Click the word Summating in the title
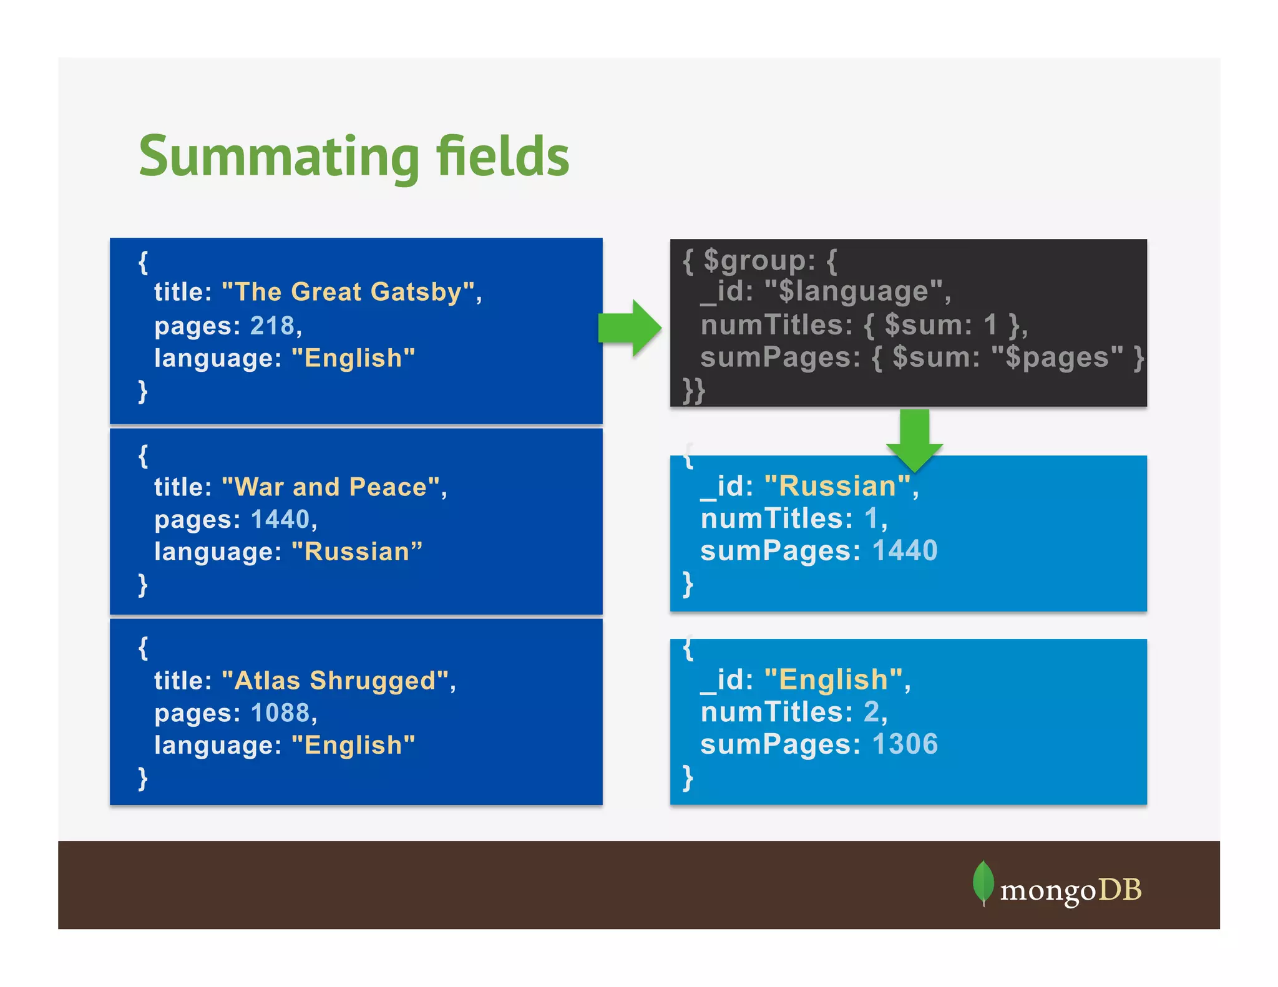click(279, 157)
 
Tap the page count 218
click(272, 326)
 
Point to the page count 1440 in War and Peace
click(280, 519)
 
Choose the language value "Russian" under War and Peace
click(356, 552)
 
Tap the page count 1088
click(280, 712)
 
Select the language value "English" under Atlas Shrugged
click(353, 745)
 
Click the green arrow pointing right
click(629, 328)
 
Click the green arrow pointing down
click(914, 440)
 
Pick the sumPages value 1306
click(904, 744)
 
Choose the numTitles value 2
click(871, 711)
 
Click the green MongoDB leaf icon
click(983, 882)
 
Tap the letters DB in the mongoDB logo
click(1119, 890)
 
